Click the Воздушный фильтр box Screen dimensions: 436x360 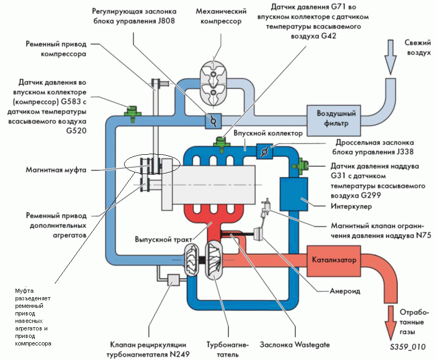(x=333, y=120)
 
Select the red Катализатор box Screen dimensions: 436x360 (x=333, y=261)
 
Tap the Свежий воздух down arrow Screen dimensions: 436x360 (x=390, y=57)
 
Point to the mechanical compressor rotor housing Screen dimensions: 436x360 (x=213, y=83)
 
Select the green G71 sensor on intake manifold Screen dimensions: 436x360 (x=222, y=144)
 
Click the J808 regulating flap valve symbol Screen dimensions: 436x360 (x=213, y=121)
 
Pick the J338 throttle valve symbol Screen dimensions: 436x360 (x=264, y=152)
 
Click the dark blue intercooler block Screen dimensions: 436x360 (x=294, y=194)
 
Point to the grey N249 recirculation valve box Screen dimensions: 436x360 (x=173, y=280)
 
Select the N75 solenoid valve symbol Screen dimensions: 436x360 (x=265, y=208)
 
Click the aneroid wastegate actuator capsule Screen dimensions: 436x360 (x=258, y=234)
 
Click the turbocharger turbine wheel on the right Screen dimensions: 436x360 (x=214, y=260)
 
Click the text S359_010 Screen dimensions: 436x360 (x=408, y=347)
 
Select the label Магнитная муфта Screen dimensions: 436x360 (x=56, y=170)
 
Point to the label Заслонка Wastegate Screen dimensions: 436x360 (x=295, y=345)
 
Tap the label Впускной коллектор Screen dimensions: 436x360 (x=268, y=133)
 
